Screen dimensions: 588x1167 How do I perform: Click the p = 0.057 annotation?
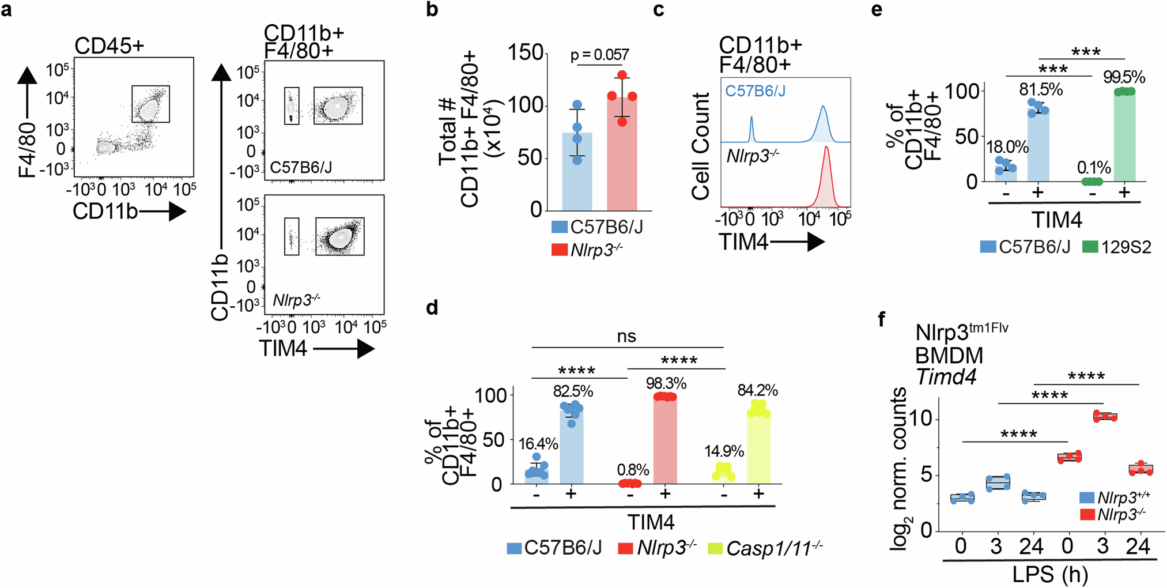tap(599, 55)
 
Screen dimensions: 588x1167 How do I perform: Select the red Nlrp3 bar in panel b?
tap(622, 156)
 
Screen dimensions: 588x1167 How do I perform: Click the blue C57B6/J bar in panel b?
tap(577, 173)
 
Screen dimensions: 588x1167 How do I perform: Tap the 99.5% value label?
tap(1124, 77)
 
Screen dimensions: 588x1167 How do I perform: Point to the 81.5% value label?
tap(1041, 90)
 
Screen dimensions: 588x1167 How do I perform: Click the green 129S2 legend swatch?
tap(1090, 247)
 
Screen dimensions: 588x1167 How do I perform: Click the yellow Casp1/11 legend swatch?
tap(715, 548)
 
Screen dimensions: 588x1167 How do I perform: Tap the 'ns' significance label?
tap(626, 337)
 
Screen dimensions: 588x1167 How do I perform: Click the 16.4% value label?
tap(538, 444)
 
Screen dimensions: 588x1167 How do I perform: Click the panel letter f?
tap(882, 319)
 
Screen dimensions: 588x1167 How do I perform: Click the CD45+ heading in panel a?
tap(109, 46)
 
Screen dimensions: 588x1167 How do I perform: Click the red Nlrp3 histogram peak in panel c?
tap(826, 173)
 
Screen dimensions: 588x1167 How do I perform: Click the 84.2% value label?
tap(757, 391)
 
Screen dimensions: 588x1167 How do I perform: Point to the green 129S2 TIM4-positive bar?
tap(1124, 138)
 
